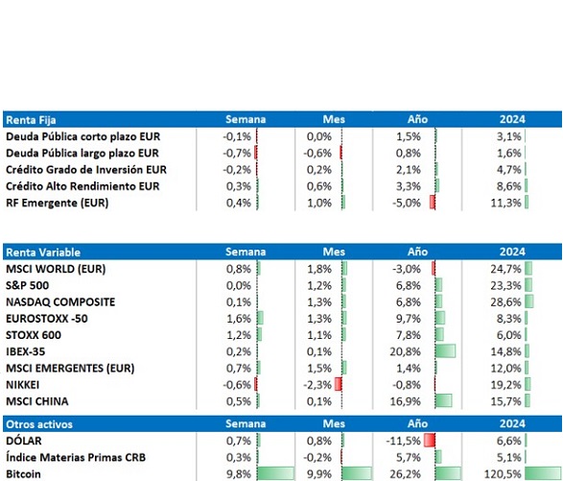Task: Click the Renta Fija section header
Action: (31, 120)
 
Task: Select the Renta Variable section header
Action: (43, 252)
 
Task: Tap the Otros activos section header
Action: (39, 424)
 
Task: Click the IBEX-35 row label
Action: (26, 351)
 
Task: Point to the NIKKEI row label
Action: (23, 385)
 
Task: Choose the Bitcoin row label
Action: (23, 474)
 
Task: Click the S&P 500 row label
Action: (27, 285)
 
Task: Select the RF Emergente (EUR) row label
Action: (58, 203)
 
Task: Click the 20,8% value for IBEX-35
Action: (405, 351)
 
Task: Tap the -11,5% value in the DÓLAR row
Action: (403, 441)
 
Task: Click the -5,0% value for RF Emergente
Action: (407, 203)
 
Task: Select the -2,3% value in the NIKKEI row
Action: (317, 385)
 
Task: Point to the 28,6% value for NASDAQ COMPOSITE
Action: (505, 302)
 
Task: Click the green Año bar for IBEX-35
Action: (445, 350)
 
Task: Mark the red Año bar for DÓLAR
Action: (430, 440)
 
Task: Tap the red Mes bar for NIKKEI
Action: (338, 384)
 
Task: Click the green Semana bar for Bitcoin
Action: (276, 474)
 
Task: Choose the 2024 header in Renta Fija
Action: (512, 119)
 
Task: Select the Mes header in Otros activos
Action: (334, 423)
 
